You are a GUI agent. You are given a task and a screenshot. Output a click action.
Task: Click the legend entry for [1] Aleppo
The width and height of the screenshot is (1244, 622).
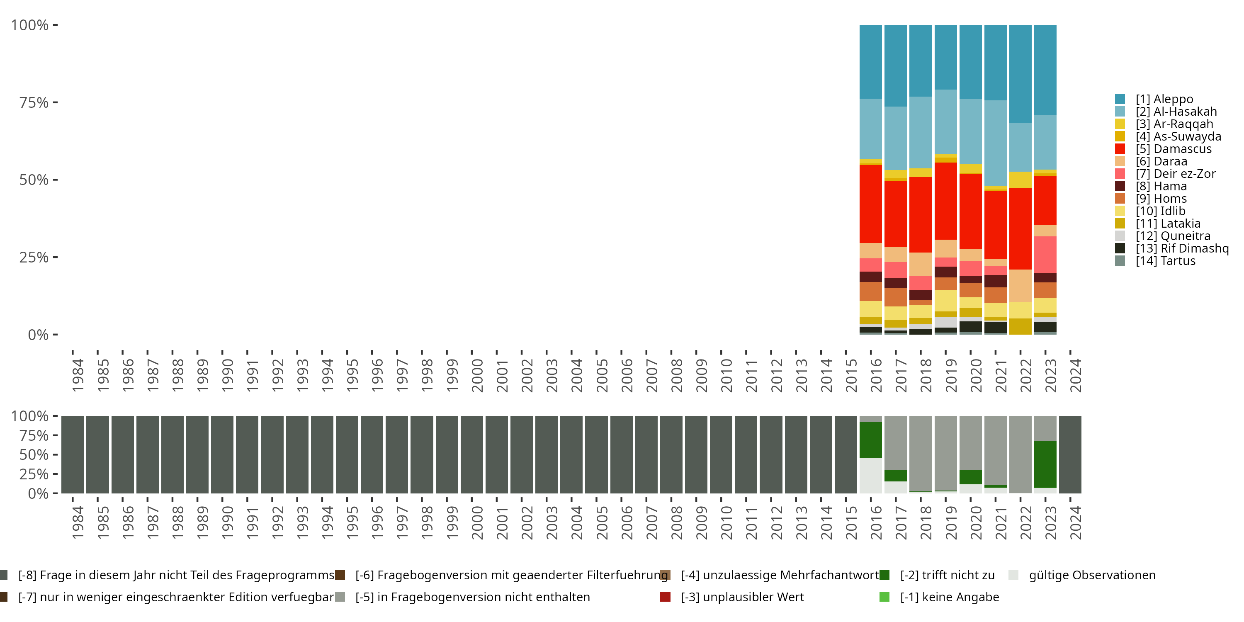click(x=1164, y=99)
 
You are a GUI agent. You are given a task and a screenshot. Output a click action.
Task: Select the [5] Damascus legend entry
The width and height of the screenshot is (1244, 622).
click(x=1173, y=149)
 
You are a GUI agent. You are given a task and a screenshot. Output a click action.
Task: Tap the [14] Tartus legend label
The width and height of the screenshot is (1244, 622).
click(x=1165, y=261)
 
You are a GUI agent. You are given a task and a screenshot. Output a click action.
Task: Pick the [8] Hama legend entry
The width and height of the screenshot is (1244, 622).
click(x=1161, y=186)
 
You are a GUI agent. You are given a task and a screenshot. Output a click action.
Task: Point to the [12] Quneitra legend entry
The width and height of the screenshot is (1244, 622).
click(x=1173, y=236)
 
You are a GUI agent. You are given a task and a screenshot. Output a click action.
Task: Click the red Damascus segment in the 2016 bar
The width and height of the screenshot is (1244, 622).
click(x=871, y=204)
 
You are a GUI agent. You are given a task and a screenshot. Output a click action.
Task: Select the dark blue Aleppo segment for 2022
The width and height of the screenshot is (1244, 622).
click(x=1020, y=73)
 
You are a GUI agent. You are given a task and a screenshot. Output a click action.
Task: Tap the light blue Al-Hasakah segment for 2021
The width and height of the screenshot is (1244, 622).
click(x=995, y=143)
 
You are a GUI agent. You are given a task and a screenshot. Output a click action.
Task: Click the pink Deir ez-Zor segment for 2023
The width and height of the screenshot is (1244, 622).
click(x=1045, y=255)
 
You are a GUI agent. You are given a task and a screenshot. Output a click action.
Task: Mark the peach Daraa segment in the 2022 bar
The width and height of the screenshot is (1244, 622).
click(x=1020, y=285)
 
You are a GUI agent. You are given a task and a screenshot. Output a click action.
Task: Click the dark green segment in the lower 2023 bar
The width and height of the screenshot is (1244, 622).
click(x=1045, y=464)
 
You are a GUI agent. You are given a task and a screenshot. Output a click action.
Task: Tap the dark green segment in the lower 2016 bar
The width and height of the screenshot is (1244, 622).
click(x=871, y=440)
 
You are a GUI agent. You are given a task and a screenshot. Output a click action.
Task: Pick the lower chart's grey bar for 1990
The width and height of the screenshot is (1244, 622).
click(x=222, y=454)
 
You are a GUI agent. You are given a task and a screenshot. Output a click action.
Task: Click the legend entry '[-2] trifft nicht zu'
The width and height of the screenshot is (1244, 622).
click(x=947, y=575)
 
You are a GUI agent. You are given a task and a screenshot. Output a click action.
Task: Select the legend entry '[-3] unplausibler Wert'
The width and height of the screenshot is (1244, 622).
click(x=742, y=597)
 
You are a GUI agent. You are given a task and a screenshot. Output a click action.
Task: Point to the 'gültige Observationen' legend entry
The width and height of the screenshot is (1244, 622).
click(x=1091, y=575)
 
